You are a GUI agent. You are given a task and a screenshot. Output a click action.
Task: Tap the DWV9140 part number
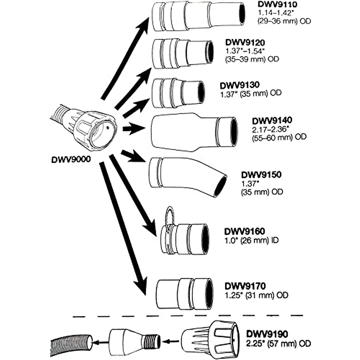(x=272, y=121)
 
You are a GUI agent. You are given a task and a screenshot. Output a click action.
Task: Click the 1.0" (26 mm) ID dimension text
(x=251, y=240)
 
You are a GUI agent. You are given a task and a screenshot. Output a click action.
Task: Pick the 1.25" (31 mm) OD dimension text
(x=256, y=295)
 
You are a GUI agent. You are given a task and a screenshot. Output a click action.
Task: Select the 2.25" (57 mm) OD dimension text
(x=278, y=343)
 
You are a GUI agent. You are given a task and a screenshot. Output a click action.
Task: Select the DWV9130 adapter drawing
(x=177, y=93)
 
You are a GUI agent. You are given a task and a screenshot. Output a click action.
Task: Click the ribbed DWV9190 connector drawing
(x=210, y=340)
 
